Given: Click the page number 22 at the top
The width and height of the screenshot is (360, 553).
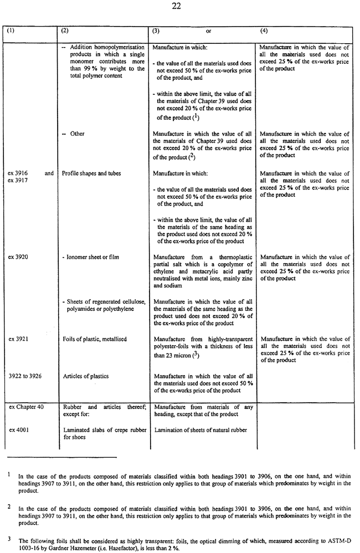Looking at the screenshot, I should click(180, 7).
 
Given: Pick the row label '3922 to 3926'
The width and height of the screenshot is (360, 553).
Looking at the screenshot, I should click(25, 376).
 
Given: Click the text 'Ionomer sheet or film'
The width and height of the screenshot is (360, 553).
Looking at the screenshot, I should click(91, 257).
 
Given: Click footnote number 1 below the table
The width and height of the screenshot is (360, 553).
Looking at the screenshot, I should click(9, 474).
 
